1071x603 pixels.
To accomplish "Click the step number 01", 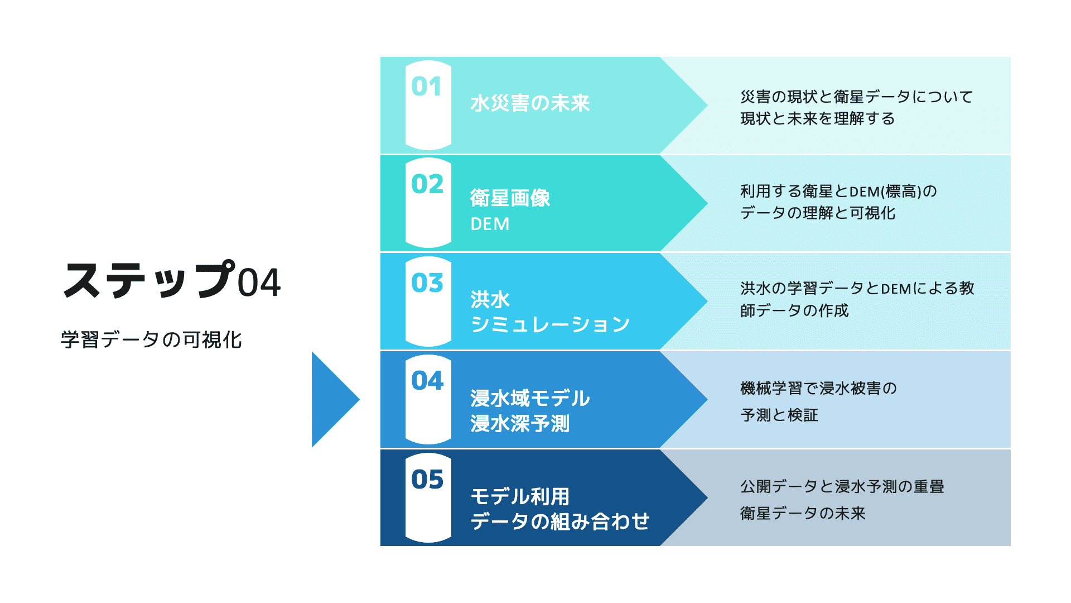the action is (x=426, y=87).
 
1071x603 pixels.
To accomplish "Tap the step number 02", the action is (x=427, y=184).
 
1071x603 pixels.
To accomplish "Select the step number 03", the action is (x=427, y=283).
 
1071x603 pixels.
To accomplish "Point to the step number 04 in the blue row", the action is (x=427, y=381).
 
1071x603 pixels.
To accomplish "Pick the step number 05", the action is (x=427, y=479).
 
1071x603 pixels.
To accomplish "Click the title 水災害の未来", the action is (x=530, y=103).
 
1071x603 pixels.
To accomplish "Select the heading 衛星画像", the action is (x=510, y=198).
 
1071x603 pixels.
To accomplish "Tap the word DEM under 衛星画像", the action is (x=490, y=224).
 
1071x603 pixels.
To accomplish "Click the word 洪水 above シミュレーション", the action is (x=490, y=299).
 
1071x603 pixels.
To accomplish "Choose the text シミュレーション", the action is (x=550, y=324).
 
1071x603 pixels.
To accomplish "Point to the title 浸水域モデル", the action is (x=530, y=398).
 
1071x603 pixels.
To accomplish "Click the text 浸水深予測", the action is (x=520, y=423).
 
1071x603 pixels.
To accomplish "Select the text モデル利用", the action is (x=520, y=496).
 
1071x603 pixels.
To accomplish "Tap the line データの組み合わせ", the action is (x=560, y=521).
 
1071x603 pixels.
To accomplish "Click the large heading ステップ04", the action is (x=172, y=280).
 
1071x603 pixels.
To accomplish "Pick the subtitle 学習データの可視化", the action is (x=151, y=339).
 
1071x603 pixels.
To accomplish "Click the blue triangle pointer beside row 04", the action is (x=332, y=399).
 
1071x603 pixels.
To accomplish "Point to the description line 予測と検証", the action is (x=779, y=415).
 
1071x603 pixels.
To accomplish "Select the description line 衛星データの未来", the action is (x=803, y=513).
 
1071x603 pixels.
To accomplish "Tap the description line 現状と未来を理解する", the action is (x=818, y=118).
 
